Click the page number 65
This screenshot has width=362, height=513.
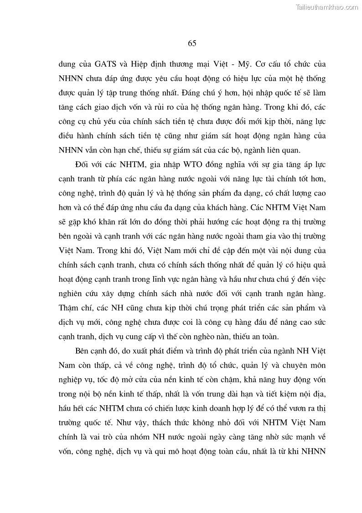click(x=191, y=43)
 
